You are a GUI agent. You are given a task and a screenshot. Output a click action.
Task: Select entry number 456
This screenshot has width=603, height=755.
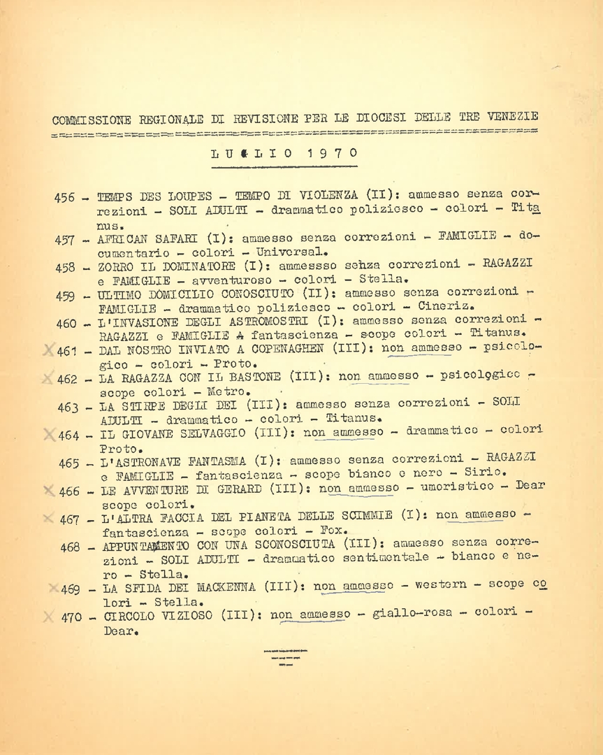point(64,198)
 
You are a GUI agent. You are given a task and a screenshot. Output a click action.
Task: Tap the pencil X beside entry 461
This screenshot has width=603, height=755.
point(48,350)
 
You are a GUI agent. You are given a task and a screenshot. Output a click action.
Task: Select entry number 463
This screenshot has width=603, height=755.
point(68,407)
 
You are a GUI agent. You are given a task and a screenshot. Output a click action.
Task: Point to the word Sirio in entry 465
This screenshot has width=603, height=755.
point(486,473)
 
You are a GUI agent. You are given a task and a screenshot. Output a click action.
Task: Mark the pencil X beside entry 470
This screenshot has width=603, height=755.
point(48,616)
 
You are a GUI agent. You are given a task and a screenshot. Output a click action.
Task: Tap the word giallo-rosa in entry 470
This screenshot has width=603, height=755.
point(405,613)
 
